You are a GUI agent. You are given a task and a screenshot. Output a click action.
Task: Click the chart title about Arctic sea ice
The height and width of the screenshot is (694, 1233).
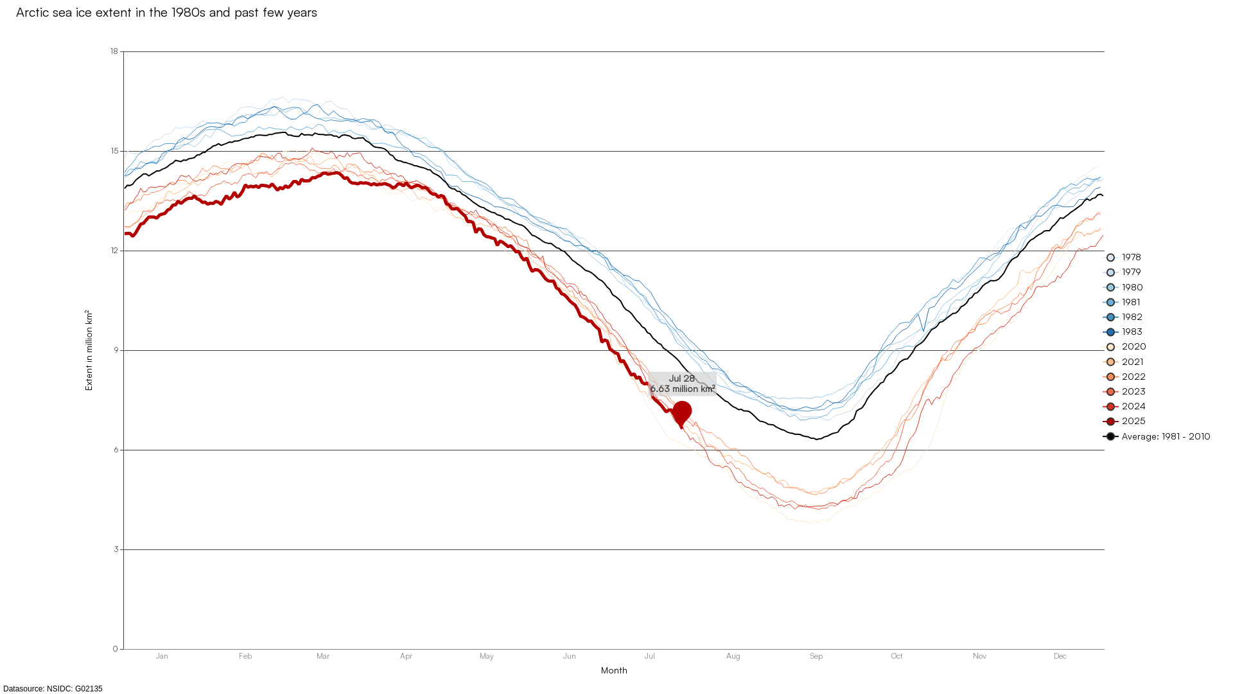(x=166, y=13)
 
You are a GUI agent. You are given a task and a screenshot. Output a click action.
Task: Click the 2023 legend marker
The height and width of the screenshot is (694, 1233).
(x=1111, y=392)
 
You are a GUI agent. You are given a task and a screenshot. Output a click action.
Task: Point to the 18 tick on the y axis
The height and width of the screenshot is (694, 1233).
(x=114, y=51)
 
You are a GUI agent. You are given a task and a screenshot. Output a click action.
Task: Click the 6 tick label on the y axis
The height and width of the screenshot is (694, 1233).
(x=116, y=450)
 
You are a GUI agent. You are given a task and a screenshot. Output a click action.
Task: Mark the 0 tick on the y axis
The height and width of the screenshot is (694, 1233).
(x=116, y=649)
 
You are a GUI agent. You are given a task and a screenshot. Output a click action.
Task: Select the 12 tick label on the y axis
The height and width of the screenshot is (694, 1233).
(x=114, y=251)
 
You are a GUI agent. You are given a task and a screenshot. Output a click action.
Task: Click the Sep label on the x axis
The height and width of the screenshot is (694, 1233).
(x=816, y=656)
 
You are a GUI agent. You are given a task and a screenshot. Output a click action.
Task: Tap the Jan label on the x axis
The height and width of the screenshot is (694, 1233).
(x=162, y=656)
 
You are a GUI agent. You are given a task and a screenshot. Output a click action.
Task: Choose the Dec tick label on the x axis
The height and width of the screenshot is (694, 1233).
(x=1060, y=656)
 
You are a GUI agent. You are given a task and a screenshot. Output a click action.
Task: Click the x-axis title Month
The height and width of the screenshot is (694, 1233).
(x=614, y=671)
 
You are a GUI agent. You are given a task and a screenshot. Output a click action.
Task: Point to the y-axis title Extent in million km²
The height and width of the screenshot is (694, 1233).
(x=89, y=350)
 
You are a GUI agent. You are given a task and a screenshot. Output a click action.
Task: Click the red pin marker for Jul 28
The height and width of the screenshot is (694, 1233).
(x=682, y=412)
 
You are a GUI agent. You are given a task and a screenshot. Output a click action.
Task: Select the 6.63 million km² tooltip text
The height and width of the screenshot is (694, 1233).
(x=682, y=389)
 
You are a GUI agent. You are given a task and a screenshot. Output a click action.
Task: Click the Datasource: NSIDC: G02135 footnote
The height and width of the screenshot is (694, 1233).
(x=53, y=689)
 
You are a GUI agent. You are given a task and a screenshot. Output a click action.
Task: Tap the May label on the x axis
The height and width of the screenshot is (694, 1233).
(x=486, y=656)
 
